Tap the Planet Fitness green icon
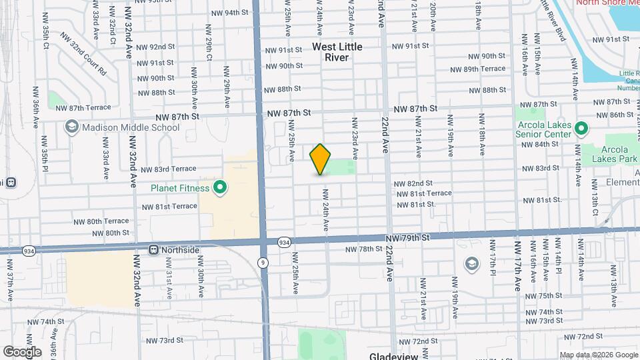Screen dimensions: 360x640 click(x=217, y=188)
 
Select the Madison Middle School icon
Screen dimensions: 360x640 click(x=71, y=127)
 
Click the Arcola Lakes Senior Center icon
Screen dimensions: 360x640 click(x=581, y=128)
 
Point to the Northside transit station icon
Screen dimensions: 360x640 click(x=154, y=250)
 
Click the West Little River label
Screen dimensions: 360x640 click(x=337, y=52)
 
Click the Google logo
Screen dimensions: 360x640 click(x=22, y=351)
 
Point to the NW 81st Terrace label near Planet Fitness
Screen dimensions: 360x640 click(x=169, y=206)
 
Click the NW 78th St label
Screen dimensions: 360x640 click(x=363, y=249)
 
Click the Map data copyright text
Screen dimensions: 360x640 click(x=599, y=355)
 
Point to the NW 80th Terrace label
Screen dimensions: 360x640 click(x=107, y=221)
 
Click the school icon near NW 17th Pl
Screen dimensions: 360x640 click(x=472, y=264)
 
